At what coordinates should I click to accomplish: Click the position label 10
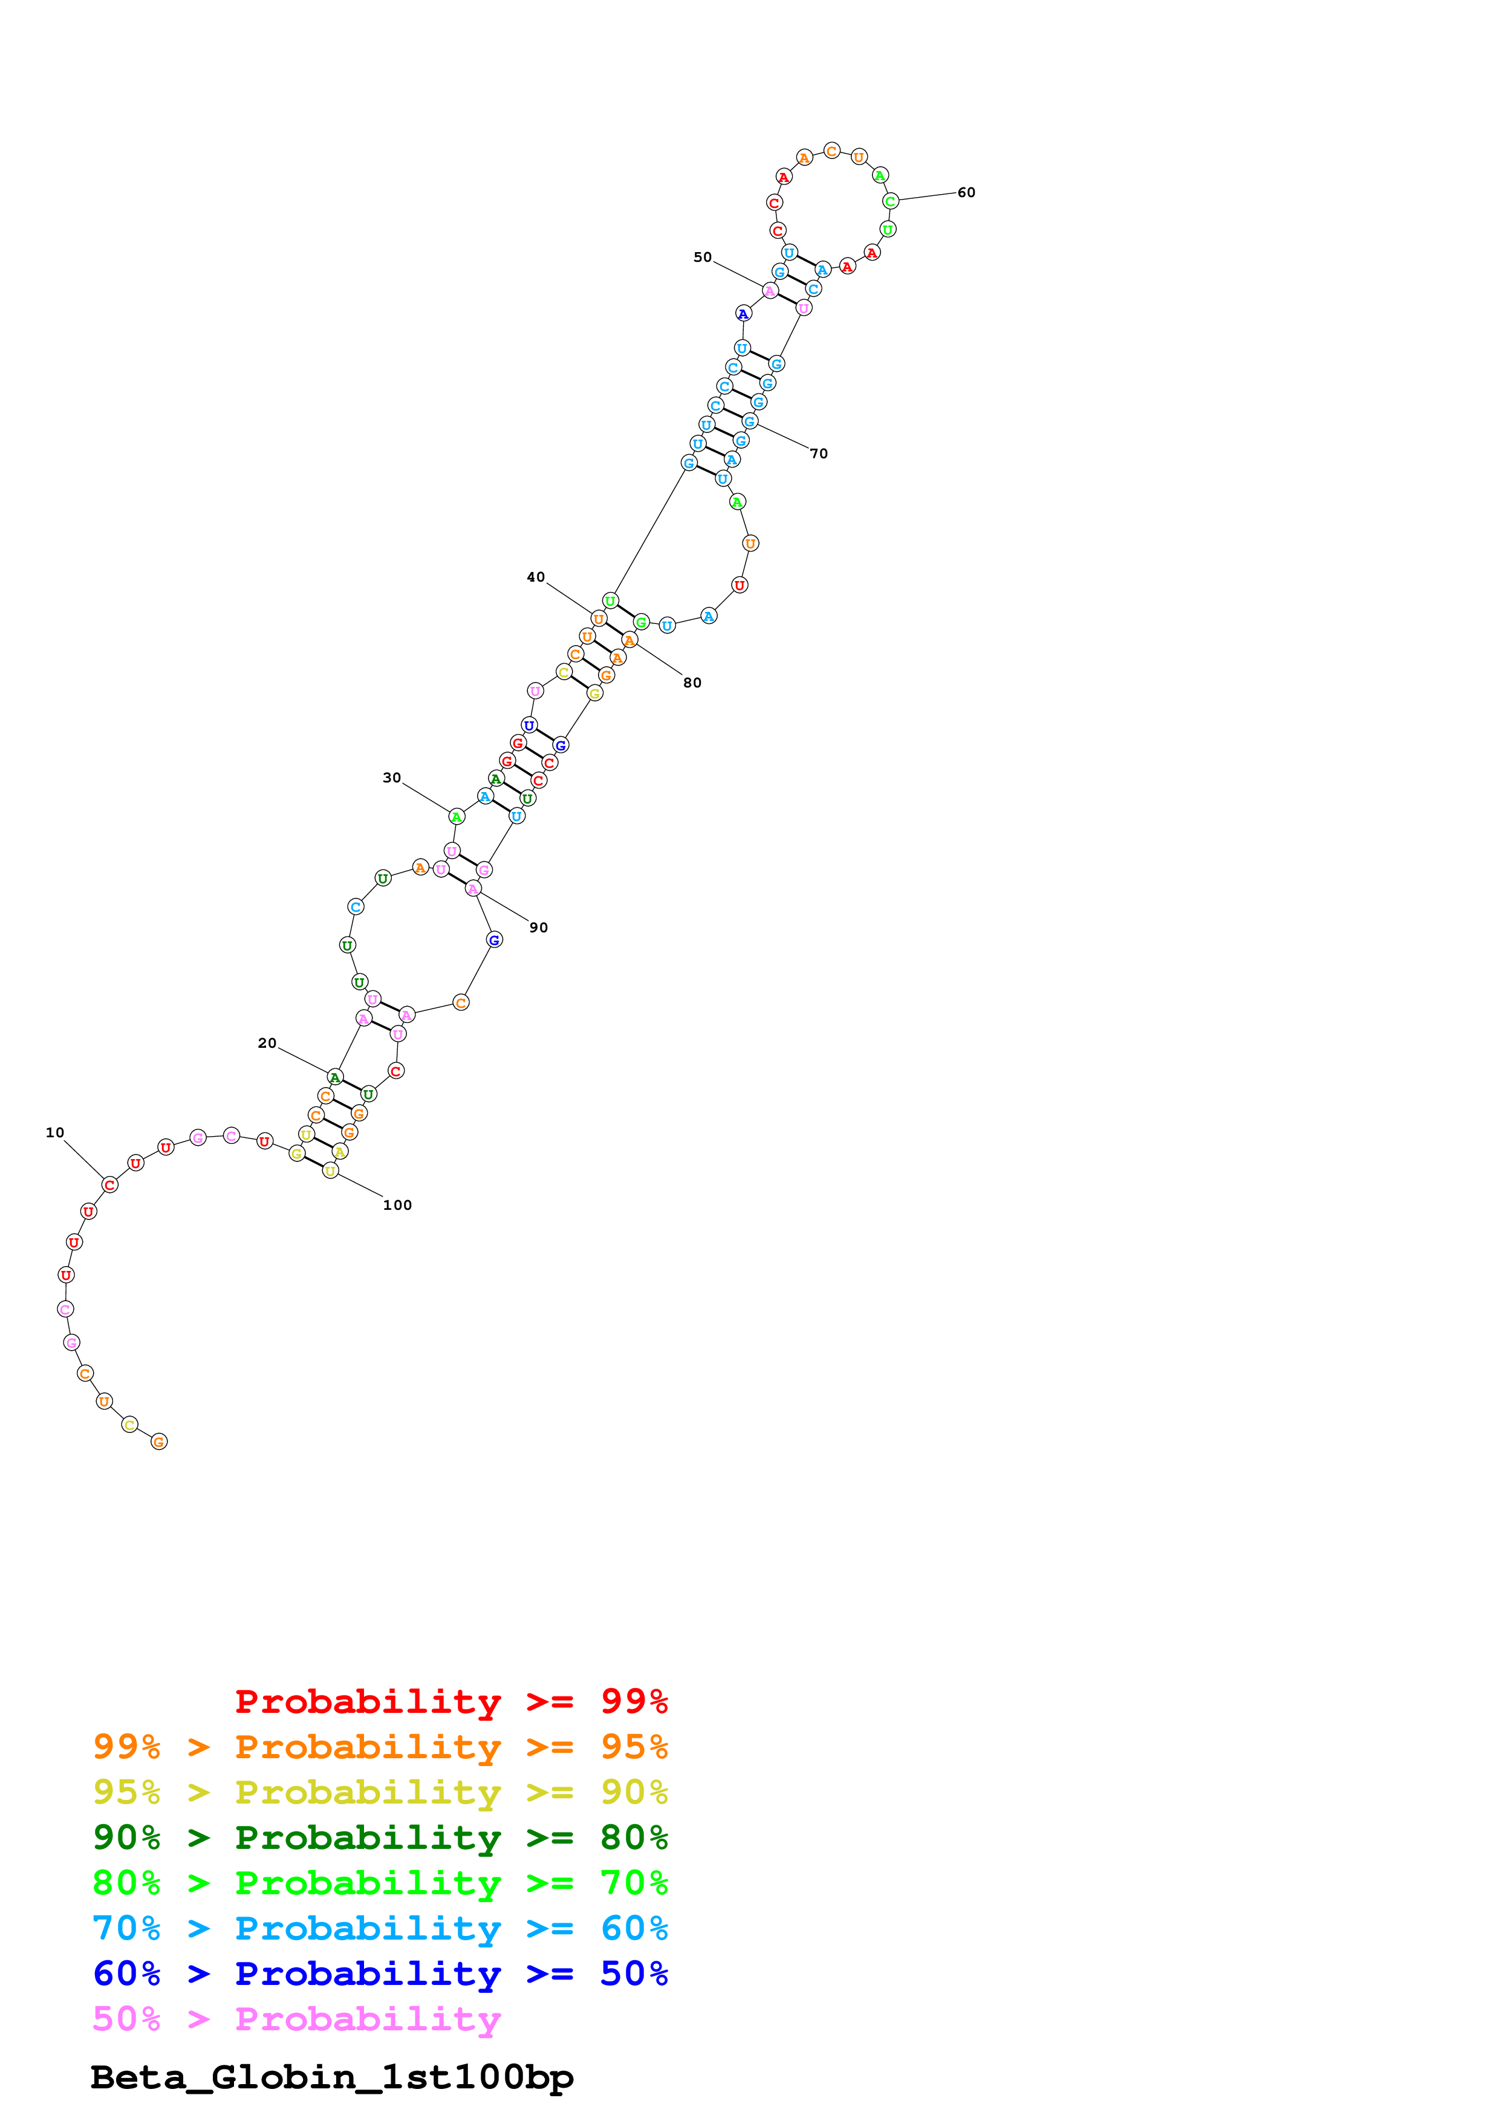(x=56, y=1132)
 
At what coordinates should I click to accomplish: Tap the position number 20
(x=267, y=1043)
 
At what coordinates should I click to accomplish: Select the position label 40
(x=536, y=577)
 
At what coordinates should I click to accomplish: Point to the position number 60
(x=966, y=192)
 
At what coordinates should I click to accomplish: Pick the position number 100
(x=397, y=1204)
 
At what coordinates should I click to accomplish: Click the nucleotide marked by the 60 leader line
(x=890, y=201)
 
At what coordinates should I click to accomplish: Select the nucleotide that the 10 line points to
(x=110, y=1184)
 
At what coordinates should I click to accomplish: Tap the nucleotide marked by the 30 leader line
(x=457, y=817)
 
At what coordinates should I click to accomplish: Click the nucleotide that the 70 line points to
(x=750, y=421)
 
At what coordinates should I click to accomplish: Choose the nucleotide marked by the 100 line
(x=331, y=1171)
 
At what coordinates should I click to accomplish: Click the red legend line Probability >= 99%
(x=452, y=1701)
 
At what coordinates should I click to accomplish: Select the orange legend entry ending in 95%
(x=380, y=1747)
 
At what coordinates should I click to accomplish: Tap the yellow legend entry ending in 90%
(x=380, y=1792)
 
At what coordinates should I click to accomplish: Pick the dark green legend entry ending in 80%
(x=380, y=1837)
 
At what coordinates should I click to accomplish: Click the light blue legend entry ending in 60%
(x=380, y=1928)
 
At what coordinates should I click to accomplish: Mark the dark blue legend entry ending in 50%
(x=380, y=1973)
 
